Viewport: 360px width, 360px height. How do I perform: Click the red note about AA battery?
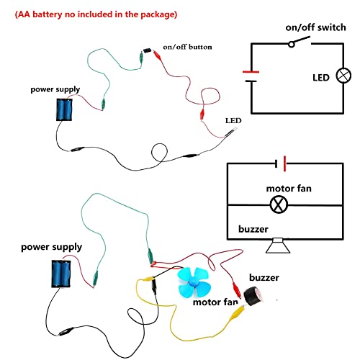(96, 14)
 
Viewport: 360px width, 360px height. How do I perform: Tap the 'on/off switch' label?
(315, 27)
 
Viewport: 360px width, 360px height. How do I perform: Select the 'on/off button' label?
(187, 47)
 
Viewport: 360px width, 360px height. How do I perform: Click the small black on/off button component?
(147, 50)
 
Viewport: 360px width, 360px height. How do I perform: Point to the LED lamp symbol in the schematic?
(343, 76)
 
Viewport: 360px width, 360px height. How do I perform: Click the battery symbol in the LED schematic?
(251, 76)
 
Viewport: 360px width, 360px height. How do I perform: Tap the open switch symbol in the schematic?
(300, 42)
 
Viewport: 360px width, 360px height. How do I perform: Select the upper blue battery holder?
(64, 109)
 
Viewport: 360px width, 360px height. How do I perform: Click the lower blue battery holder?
(61, 274)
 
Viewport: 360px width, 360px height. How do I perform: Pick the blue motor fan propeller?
(194, 282)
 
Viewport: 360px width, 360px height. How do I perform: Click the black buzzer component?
(253, 296)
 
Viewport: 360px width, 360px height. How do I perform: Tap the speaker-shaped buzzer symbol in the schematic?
(278, 246)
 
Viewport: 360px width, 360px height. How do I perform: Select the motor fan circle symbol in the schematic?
(279, 204)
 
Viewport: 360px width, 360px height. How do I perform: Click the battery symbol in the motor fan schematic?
(280, 163)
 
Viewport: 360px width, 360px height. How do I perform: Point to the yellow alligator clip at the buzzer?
(238, 312)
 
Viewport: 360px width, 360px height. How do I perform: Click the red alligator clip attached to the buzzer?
(236, 289)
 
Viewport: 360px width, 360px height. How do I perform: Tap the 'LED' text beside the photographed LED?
(233, 120)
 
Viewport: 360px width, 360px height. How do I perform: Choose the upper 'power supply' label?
(55, 89)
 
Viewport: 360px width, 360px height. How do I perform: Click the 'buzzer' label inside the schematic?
(253, 229)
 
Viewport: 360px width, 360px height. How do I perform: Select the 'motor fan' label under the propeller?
(215, 302)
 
